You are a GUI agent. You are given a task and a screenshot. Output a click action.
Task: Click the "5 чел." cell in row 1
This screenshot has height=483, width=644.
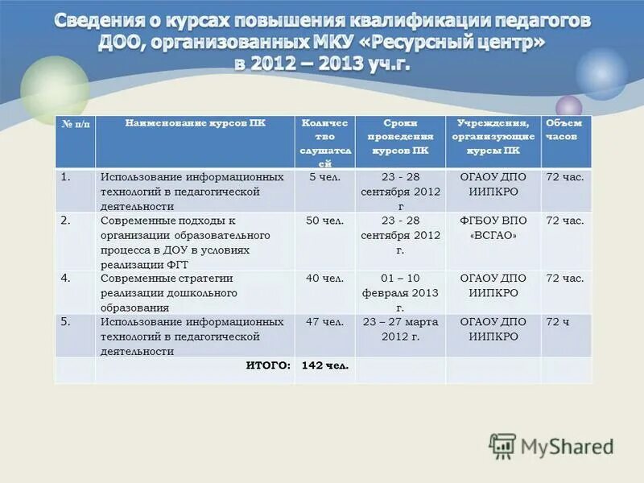[324, 176]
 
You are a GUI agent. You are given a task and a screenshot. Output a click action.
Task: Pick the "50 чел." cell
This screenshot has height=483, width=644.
[324, 220]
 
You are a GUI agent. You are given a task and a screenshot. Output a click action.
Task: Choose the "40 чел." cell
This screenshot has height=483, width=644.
[324, 278]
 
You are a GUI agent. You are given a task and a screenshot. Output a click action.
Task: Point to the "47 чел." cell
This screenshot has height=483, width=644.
[324, 321]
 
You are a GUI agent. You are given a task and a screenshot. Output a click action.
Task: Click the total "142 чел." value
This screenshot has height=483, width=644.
[324, 365]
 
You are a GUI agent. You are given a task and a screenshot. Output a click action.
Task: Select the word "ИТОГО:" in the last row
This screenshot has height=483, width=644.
[268, 365]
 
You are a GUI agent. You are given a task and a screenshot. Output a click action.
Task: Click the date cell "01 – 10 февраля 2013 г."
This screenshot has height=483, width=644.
[400, 292]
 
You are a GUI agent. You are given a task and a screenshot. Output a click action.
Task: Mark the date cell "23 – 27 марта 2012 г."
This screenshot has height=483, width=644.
[400, 328]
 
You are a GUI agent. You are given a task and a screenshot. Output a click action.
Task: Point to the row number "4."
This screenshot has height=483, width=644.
[65, 278]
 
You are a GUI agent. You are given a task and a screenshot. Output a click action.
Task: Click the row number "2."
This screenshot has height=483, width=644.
[65, 219]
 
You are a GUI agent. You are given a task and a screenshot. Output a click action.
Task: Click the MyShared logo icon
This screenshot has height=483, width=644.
[502, 446]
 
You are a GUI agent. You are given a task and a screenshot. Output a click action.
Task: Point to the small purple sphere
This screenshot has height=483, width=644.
[568, 106]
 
